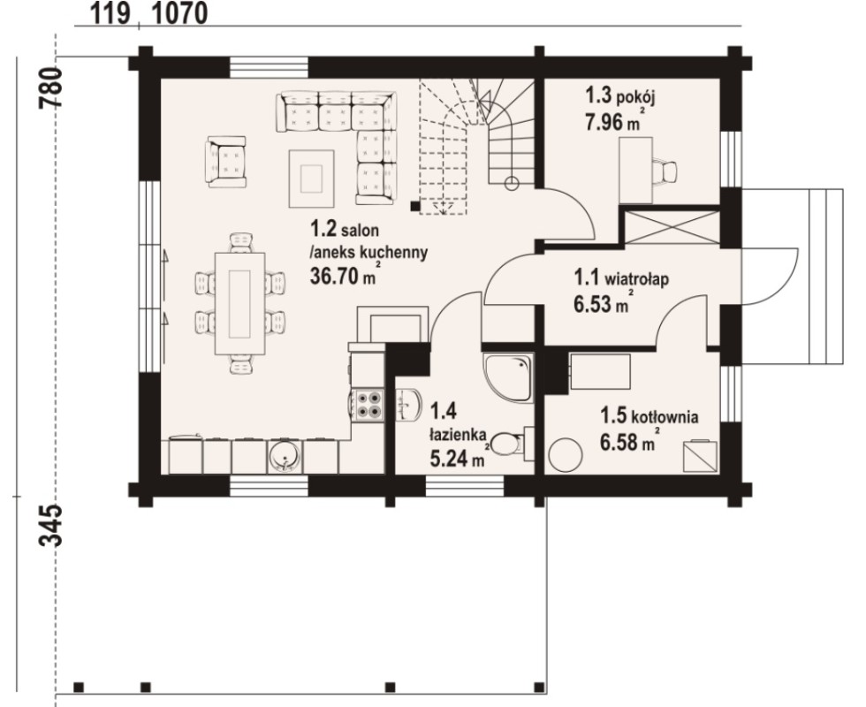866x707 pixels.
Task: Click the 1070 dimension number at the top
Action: [x=179, y=14]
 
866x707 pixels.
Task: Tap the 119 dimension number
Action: [x=110, y=14]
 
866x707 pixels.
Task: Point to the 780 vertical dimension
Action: [x=49, y=87]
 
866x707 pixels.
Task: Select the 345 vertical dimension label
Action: [x=49, y=525]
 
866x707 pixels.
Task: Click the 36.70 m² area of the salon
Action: [x=344, y=275]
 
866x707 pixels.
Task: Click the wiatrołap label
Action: [x=637, y=278]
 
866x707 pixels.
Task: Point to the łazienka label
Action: [x=458, y=434]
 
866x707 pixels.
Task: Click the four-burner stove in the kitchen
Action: [x=368, y=405]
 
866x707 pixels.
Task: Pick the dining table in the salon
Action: [x=239, y=303]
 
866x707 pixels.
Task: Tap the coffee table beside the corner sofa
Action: [x=311, y=179]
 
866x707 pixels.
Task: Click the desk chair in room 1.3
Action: [x=665, y=171]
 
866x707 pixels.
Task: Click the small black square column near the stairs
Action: [x=414, y=207]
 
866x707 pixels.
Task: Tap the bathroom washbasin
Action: [x=408, y=405]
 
